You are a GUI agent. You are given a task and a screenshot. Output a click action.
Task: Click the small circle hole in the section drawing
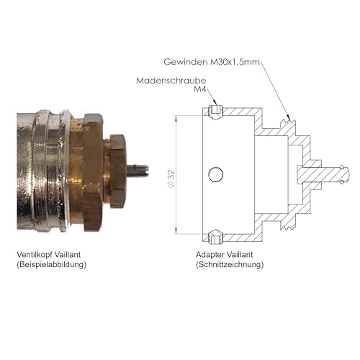[x=215, y=174]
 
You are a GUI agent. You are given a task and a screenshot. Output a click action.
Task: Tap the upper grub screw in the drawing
[x=214, y=112]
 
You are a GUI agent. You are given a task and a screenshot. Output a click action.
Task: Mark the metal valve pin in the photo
[x=138, y=170]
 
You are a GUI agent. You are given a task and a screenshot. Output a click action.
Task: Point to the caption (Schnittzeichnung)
[x=230, y=265]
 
